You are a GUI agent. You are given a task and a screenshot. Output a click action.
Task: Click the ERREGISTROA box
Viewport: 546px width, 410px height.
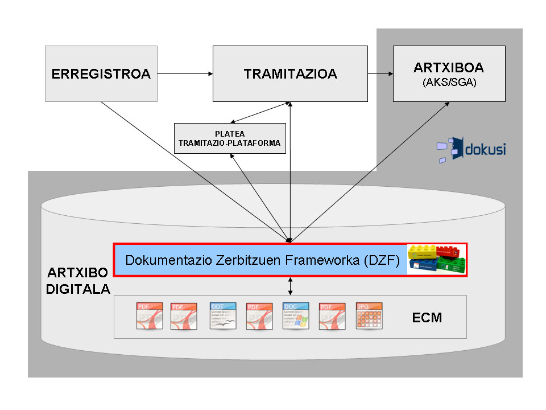101,73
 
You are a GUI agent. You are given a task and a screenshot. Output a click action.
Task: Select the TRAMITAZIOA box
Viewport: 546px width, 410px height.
290,73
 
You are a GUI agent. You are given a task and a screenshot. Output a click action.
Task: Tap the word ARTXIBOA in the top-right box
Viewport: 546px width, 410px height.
449,68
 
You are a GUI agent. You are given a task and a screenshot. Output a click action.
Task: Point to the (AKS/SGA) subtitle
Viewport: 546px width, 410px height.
449,83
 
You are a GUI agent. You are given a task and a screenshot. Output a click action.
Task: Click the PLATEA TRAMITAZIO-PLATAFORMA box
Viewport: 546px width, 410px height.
229,138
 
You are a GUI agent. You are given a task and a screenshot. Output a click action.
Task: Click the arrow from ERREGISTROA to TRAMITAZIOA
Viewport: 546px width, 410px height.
184,73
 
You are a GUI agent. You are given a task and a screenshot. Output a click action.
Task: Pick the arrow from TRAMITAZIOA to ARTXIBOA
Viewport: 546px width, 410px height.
380,73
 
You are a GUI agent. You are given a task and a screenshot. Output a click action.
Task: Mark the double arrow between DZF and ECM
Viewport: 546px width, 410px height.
291,286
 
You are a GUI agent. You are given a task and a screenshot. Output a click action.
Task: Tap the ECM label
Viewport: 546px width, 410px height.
427,317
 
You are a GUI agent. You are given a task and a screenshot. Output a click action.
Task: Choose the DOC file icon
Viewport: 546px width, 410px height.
296,316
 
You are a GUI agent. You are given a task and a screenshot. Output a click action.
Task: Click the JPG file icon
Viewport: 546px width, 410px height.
369,316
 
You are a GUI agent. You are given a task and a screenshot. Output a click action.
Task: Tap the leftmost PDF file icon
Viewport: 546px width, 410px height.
150,316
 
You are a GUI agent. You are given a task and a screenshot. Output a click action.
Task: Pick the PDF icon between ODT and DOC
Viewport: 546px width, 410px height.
259,316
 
